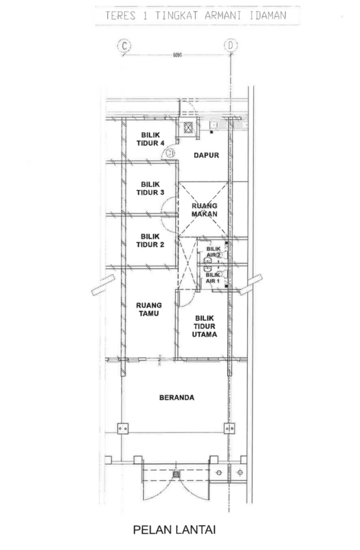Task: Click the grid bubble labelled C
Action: click(x=124, y=45)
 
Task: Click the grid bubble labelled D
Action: click(x=229, y=45)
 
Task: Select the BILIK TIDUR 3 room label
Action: click(x=151, y=188)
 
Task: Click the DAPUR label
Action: click(x=206, y=156)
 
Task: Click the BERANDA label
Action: click(x=176, y=397)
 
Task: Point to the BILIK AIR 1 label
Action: click(x=212, y=277)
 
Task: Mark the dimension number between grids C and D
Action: click(x=176, y=54)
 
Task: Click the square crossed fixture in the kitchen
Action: click(x=186, y=127)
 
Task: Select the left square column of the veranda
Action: click(x=124, y=429)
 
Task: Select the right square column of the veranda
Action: click(x=229, y=429)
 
